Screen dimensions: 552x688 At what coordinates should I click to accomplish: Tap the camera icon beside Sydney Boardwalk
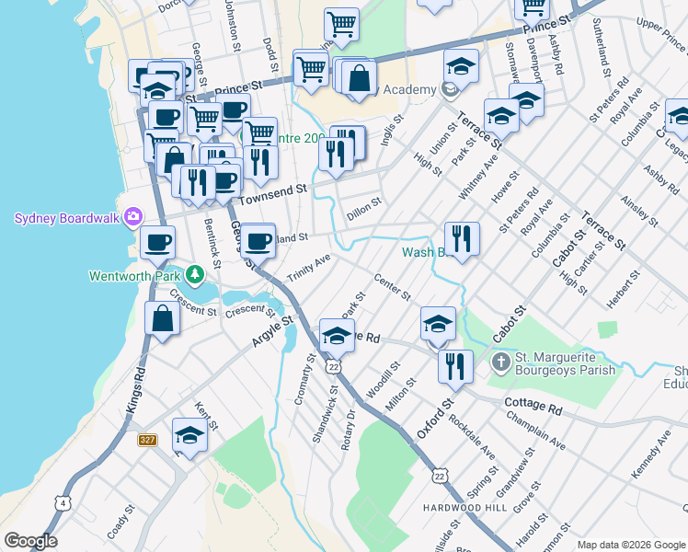click(x=133, y=217)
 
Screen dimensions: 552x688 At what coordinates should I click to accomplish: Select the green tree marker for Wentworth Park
click(x=194, y=274)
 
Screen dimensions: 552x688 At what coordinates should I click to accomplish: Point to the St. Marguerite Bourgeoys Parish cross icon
click(x=501, y=360)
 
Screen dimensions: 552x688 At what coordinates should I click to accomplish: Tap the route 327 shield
click(x=147, y=441)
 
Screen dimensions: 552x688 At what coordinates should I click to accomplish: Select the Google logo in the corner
click(x=30, y=541)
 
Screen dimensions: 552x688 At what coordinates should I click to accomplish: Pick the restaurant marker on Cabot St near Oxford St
click(x=455, y=365)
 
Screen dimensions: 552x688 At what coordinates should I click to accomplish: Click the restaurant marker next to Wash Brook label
click(x=462, y=238)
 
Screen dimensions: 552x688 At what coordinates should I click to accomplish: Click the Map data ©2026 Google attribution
click(x=631, y=544)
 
